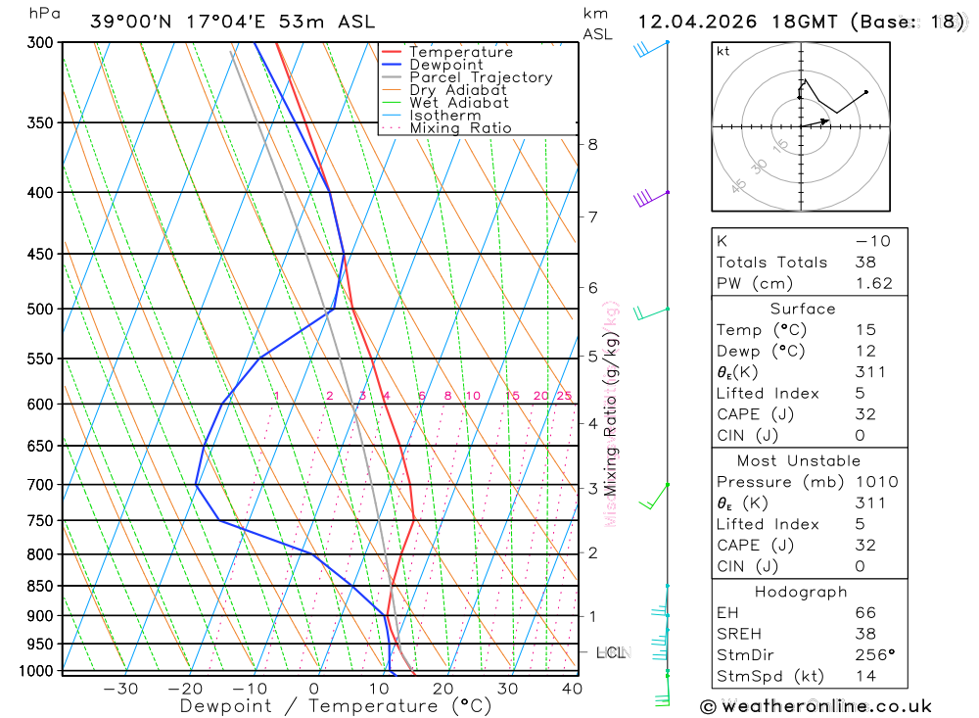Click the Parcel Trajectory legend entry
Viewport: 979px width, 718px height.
480,77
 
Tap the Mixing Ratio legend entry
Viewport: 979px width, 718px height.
460,128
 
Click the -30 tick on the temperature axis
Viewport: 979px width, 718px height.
120,689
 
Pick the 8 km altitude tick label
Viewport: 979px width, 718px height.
592,145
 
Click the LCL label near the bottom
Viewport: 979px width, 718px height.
611,652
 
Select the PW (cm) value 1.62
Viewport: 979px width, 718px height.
873,283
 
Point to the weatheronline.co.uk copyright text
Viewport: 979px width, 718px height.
816,706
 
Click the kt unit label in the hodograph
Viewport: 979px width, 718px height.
723,51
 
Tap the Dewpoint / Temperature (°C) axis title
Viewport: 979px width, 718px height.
335,705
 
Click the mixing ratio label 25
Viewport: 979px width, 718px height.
564,396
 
